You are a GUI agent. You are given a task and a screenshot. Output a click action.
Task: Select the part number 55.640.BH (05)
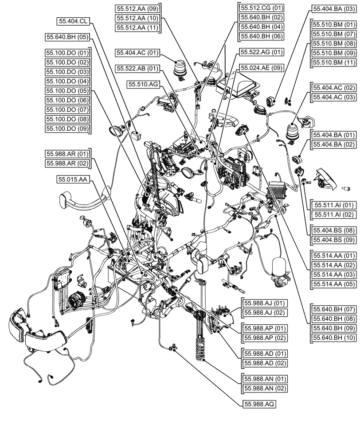tap(67, 37)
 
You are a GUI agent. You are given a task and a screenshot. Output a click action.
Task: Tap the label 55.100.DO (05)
tap(67, 91)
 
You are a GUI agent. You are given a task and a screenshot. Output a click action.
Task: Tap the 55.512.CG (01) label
tap(262, 8)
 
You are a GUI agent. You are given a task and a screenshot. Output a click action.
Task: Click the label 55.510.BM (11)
tap(334, 62)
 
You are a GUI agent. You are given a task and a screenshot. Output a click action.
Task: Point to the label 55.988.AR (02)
tap(67, 163)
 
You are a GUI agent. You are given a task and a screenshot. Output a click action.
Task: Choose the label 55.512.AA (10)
tap(137, 18)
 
